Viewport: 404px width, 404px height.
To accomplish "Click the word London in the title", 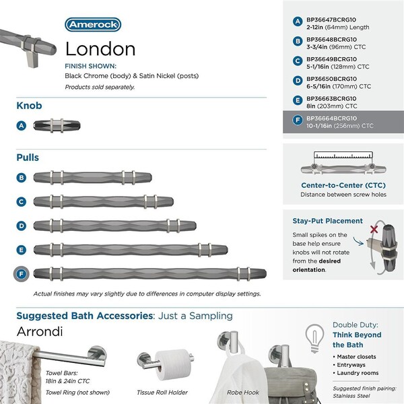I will click(x=100, y=49).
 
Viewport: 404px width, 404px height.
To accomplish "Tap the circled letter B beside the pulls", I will click(x=22, y=178).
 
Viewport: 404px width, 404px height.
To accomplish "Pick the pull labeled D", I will click(x=114, y=225).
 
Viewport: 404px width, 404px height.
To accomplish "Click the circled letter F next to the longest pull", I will click(x=22, y=273).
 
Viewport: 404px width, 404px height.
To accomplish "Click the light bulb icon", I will click(x=312, y=335).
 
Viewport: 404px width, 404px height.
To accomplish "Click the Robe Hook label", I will click(x=242, y=392).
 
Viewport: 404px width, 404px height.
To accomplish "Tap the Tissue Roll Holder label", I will click(x=162, y=392).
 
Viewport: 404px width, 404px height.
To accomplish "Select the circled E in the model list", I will click(x=297, y=99).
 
